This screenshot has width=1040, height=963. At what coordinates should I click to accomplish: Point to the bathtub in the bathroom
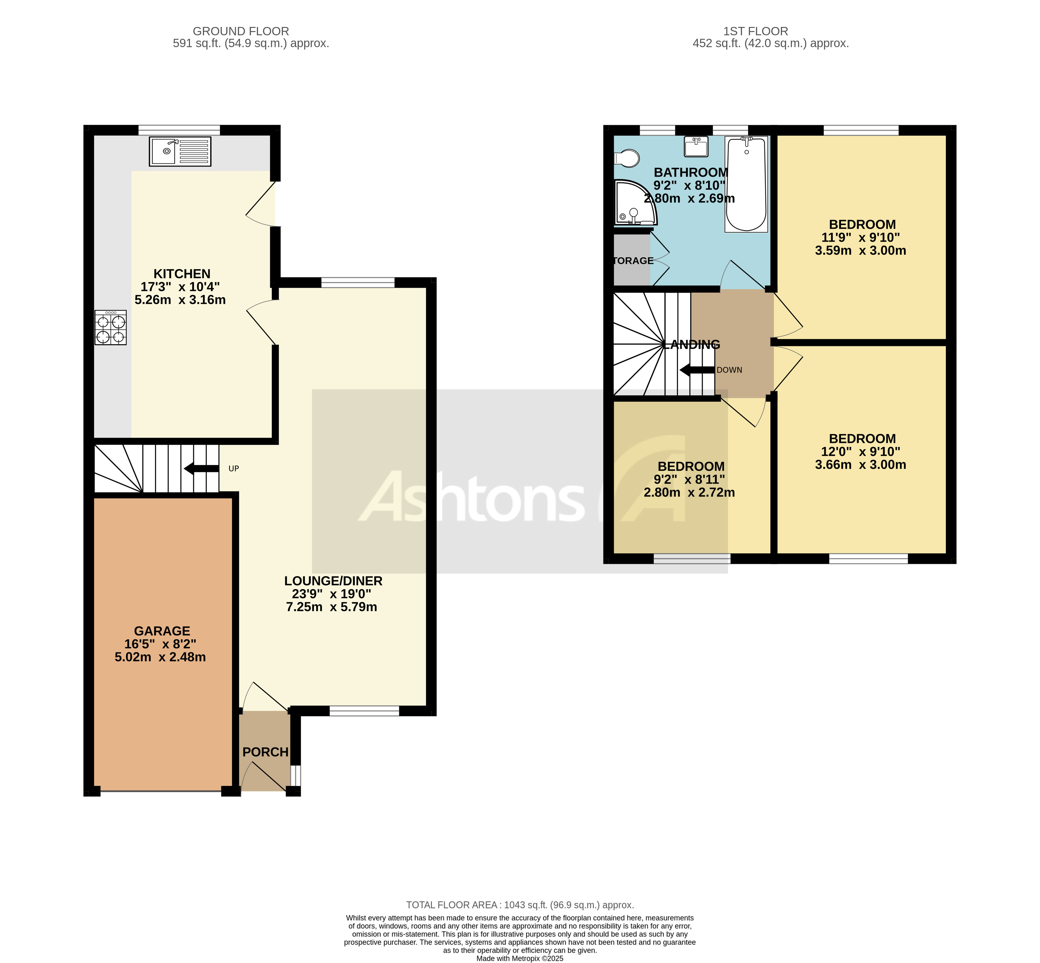pos(746,184)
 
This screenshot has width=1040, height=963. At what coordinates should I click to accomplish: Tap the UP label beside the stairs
pos(234,469)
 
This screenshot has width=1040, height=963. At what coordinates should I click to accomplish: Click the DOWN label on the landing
pos(729,370)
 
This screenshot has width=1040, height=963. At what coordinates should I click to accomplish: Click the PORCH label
pos(265,752)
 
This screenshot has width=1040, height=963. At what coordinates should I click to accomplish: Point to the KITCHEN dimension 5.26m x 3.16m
pos(180,300)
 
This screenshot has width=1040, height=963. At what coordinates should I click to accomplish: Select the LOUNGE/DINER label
pos(333,581)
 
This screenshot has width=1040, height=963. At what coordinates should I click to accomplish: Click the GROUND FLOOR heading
pos(241,31)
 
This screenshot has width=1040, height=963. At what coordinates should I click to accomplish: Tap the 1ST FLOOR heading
pos(755,31)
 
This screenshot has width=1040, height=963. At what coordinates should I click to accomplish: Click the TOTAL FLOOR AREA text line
pos(520,905)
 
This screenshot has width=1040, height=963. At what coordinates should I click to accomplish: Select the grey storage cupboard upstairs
pos(631,261)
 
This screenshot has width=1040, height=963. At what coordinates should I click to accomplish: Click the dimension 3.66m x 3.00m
pos(860,465)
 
